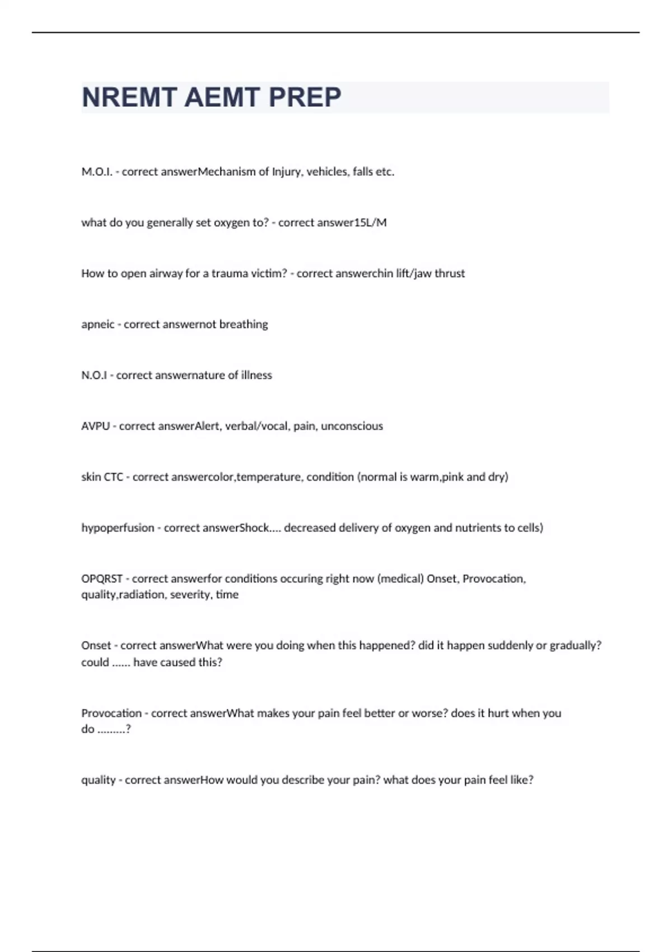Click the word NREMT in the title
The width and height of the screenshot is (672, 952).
(129, 97)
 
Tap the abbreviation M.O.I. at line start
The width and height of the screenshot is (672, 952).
(97, 172)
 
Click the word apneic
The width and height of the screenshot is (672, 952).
(98, 325)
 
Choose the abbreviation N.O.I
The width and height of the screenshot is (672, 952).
(94, 375)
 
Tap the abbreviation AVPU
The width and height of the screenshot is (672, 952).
(95, 426)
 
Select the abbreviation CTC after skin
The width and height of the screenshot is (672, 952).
(113, 477)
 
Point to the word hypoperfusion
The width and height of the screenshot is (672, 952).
(118, 528)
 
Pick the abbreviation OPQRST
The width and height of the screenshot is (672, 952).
(102, 579)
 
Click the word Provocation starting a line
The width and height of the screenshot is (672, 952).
(111, 713)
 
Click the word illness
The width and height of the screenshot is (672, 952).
(256, 375)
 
